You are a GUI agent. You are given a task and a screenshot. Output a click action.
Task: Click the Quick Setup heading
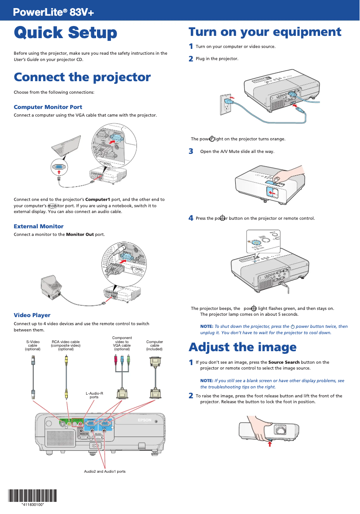pyautogui.click(x=66, y=33)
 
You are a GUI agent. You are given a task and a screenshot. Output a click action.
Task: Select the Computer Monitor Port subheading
pyautogui.click(x=48, y=107)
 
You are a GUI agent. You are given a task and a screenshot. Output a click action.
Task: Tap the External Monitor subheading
pyautogui.click(x=39, y=227)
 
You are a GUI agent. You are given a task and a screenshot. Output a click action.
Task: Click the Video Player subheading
pyautogui.click(x=32, y=315)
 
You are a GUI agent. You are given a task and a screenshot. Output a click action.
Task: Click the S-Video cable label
pyautogui.click(x=33, y=345)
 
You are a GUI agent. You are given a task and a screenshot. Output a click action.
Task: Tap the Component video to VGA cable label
pyautogui.click(x=122, y=343)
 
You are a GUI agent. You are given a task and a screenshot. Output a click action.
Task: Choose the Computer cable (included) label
pyautogui.click(x=154, y=345)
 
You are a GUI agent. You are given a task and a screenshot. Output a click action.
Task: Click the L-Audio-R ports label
pyautogui.click(x=94, y=395)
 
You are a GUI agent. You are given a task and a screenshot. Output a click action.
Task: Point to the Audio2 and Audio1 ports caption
pyautogui.click(x=105, y=471)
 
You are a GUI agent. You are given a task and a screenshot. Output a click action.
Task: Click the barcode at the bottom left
pyautogui.click(x=33, y=496)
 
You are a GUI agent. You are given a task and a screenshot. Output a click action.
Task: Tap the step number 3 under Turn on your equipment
pyautogui.click(x=191, y=152)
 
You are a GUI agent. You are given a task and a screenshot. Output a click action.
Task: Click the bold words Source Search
pyautogui.click(x=284, y=362)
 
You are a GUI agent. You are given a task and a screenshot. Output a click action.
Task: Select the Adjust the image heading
pyautogui.click(x=242, y=347)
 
